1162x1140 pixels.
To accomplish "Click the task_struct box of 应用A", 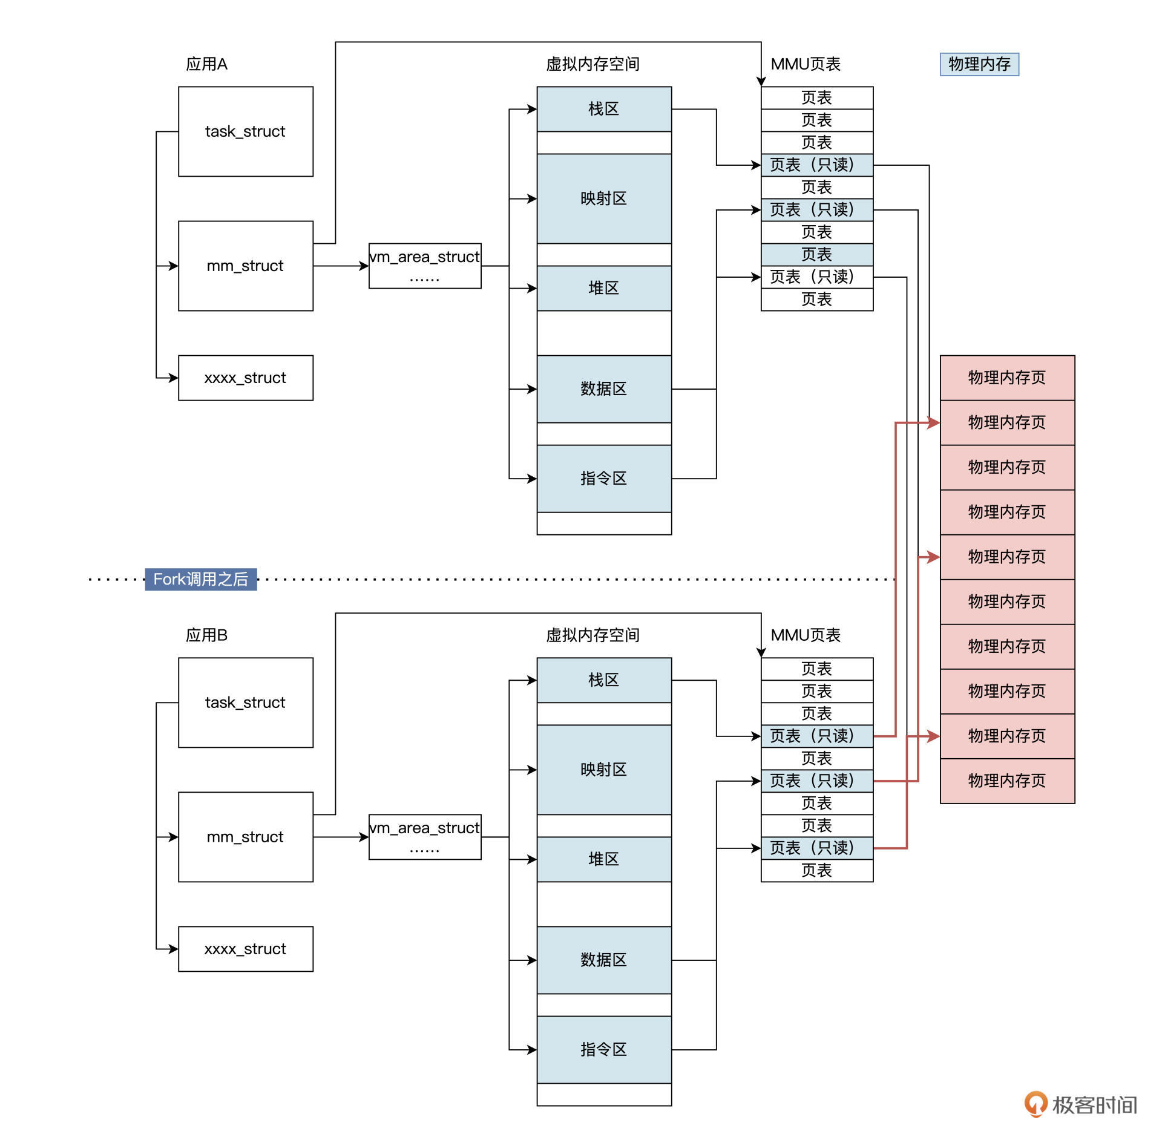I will point(245,131).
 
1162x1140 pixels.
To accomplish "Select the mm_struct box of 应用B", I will point(245,836).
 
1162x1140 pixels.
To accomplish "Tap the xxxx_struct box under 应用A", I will point(245,378).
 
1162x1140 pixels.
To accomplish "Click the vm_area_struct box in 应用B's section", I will point(424,836).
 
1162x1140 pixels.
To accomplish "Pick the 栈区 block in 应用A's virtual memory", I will point(603,109).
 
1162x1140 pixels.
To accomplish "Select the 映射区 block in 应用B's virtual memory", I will point(603,769).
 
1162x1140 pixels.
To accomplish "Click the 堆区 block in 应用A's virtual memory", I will point(603,288).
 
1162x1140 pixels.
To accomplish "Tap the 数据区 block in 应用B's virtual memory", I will point(603,960).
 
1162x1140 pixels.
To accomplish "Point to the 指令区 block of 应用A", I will point(603,479).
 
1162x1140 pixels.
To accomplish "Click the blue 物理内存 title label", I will point(979,64).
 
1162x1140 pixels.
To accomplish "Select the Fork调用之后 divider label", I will point(200,579).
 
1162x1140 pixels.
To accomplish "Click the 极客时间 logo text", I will point(1094,1105).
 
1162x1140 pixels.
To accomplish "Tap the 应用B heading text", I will point(206,635).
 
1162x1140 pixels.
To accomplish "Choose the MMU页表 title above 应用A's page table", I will point(805,64).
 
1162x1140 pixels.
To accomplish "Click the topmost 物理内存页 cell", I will point(1006,378).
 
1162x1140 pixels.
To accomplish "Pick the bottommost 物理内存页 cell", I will point(1006,781).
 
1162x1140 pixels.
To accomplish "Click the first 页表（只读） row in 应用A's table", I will point(816,165).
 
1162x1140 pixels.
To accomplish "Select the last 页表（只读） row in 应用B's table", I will point(816,848).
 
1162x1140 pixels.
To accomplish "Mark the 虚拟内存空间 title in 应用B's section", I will point(592,635).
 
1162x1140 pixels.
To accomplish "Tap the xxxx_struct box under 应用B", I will point(245,949).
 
